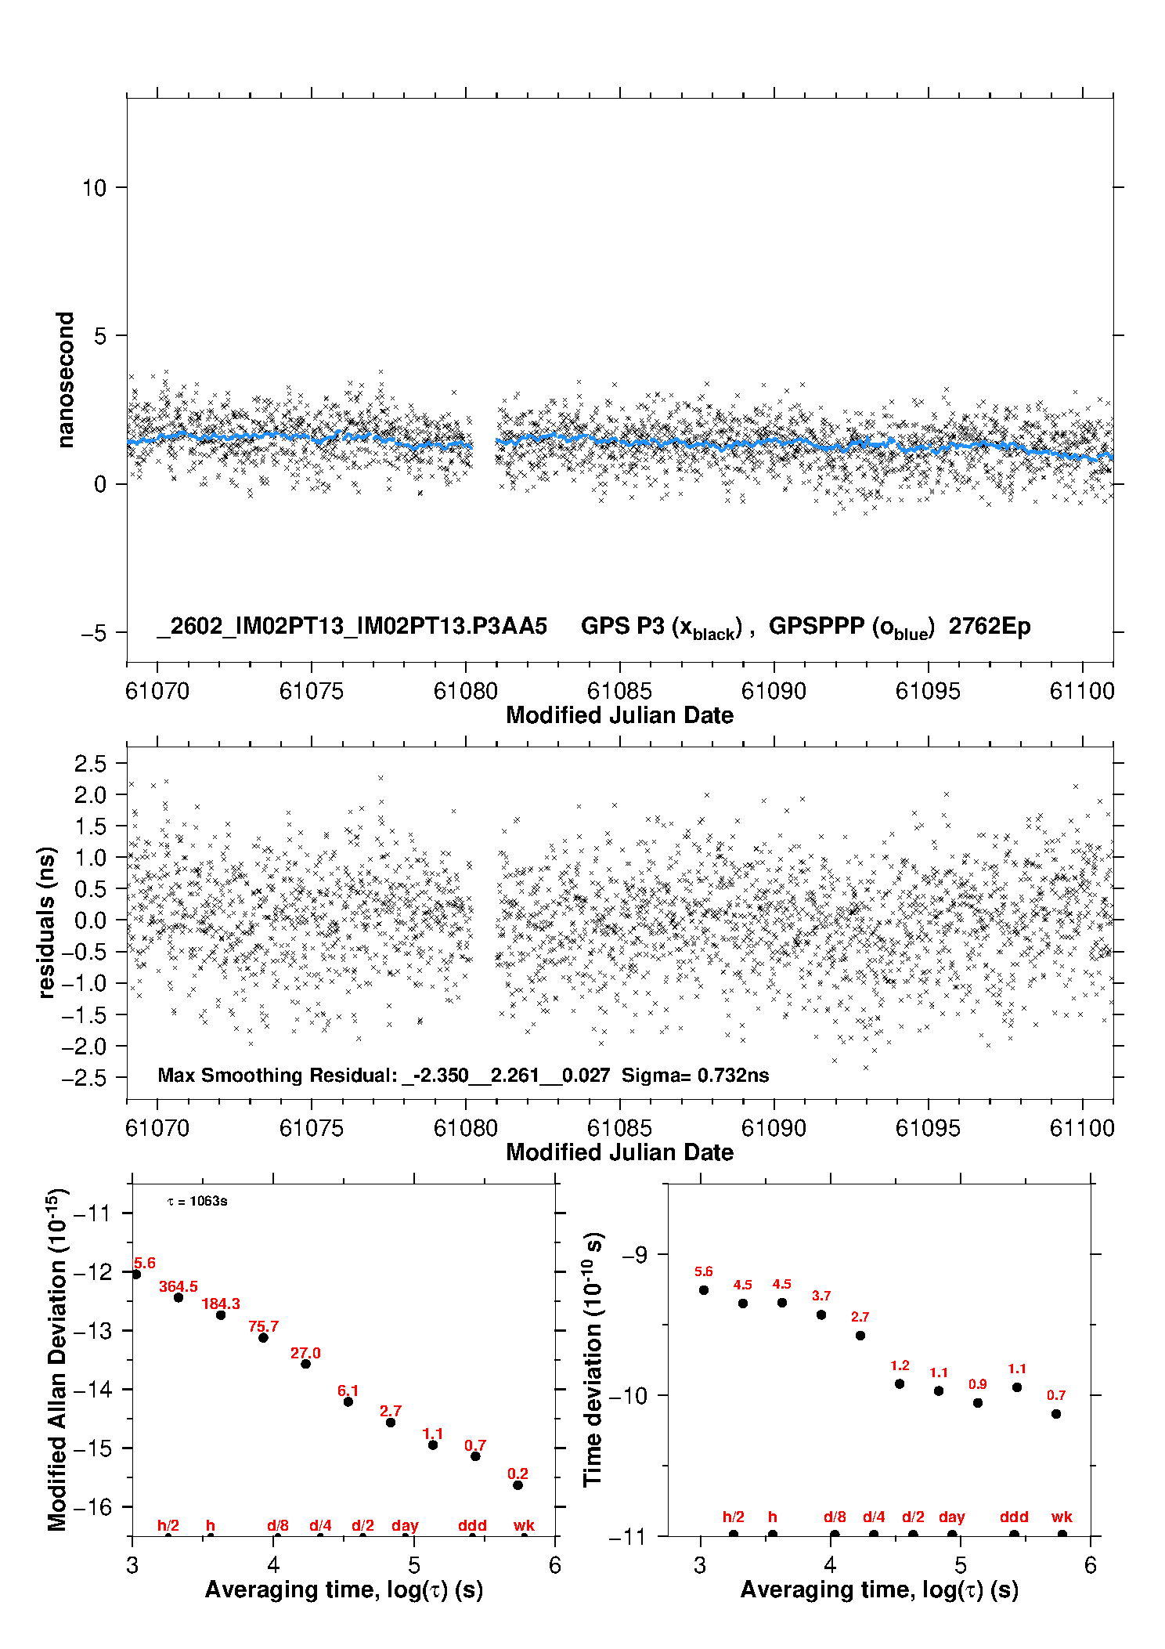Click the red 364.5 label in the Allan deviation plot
click(x=179, y=1286)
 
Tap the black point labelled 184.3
click(x=221, y=1314)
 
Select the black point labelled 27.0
click(x=305, y=1364)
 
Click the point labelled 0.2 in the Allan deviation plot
click(x=518, y=1485)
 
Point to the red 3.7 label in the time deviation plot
click(x=821, y=1296)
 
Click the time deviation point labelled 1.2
click(x=900, y=1383)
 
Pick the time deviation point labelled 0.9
click(x=978, y=1402)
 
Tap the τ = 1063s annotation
click(x=197, y=1202)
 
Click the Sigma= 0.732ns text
click(x=695, y=1075)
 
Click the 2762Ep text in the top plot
click(x=990, y=626)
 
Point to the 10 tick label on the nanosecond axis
click(x=94, y=188)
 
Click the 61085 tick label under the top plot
click(x=619, y=691)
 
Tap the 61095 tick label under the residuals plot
click(x=928, y=1128)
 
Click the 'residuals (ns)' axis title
click(x=47, y=922)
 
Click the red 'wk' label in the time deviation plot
click(x=1062, y=1517)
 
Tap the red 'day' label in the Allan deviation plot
click(x=405, y=1525)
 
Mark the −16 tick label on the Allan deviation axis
click(x=92, y=1506)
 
